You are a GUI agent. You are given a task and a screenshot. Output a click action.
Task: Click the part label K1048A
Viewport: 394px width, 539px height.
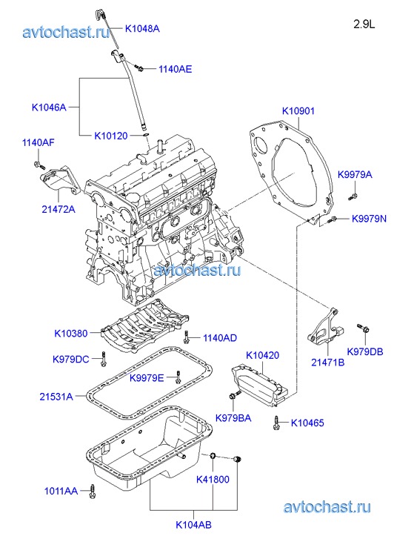(x=142, y=28)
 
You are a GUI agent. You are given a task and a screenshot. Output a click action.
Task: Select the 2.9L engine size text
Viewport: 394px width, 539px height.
(x=364, y=24)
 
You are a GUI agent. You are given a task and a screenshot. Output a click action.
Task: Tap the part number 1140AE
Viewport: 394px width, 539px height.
(x=176, y=69)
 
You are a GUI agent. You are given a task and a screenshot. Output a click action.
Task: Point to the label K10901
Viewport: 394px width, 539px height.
(x=298, y=111)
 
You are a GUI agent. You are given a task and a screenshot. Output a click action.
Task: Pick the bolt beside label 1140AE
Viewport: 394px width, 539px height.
(x=139, y=67)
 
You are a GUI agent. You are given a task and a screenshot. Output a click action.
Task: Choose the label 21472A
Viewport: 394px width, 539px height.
(x=59, y=209)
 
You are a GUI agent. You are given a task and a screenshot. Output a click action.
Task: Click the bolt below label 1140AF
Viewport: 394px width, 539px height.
(x=39, y=165)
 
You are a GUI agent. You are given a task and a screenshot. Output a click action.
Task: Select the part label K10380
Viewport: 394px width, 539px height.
(x=71, y=334)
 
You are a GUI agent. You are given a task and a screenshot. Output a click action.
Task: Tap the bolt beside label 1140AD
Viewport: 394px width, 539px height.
(x=187, y=337)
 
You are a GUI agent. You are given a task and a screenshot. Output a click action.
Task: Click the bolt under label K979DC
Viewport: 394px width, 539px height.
(x=104, y=360)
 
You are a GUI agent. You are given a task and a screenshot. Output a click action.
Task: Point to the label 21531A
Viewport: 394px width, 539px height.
(x=56, y=397)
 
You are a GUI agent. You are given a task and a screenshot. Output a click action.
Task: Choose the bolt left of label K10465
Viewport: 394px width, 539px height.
(x=276, y=423)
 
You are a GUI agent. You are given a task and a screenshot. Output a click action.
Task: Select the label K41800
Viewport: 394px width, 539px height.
(x=213, y=479)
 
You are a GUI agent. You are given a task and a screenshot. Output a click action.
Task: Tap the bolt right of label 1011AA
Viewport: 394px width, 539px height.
(x=92, y=492)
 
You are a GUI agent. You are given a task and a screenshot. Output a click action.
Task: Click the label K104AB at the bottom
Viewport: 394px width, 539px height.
(x=194, y=525)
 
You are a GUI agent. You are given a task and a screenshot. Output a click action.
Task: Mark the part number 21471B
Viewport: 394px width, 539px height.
(x=327, y=363)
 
